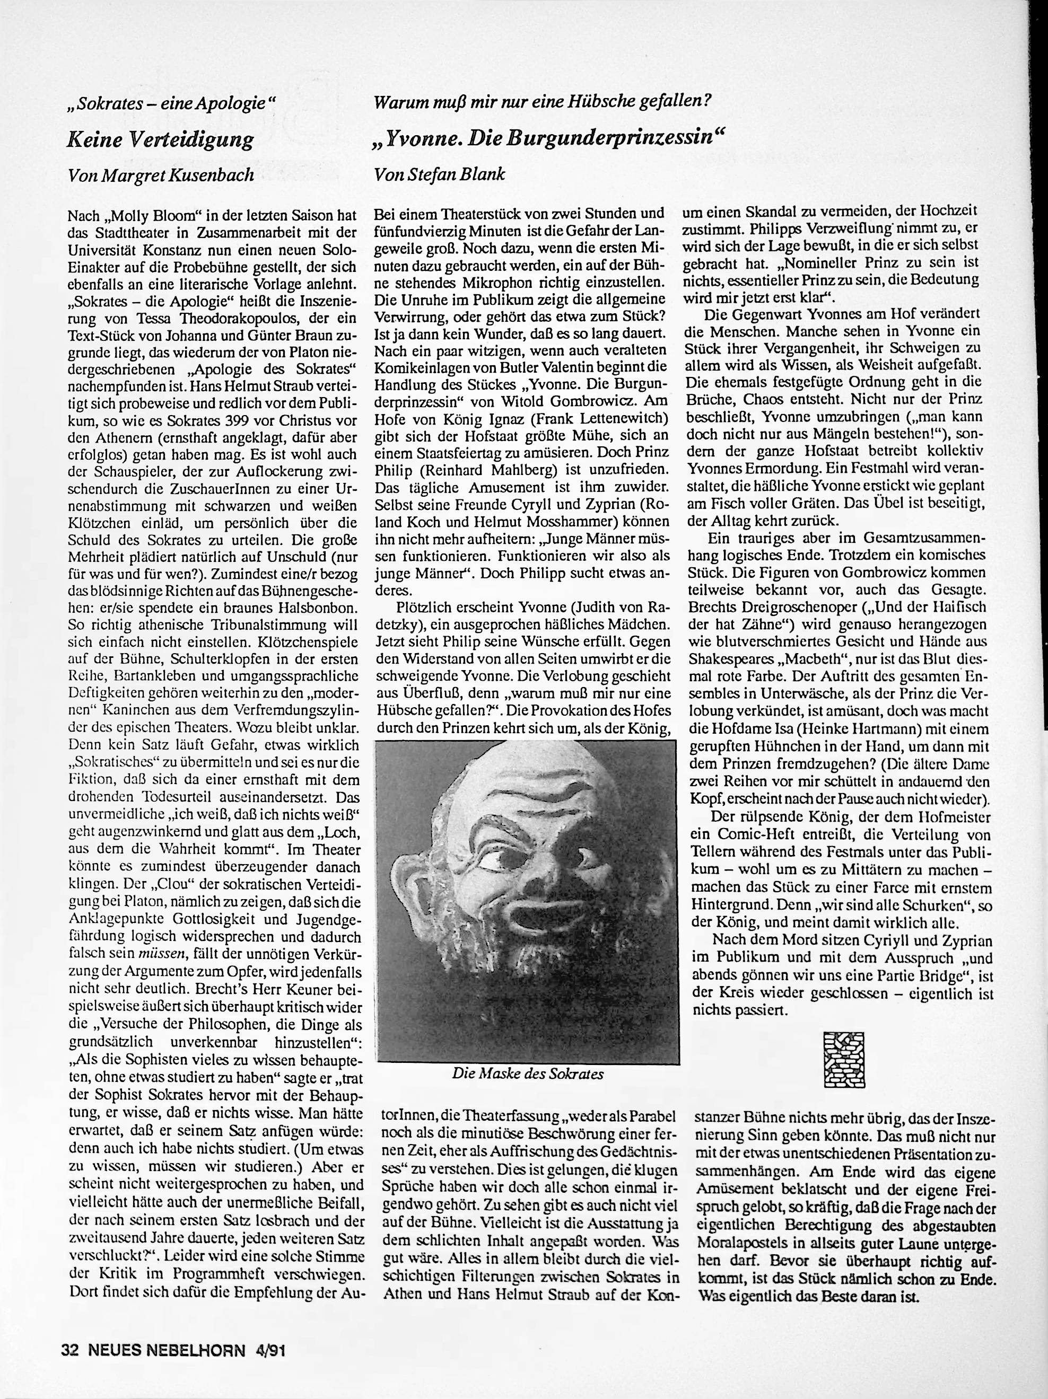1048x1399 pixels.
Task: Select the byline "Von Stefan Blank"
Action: pos(440,175)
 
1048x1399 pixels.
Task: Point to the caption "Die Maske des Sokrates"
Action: pos(528,1074)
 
